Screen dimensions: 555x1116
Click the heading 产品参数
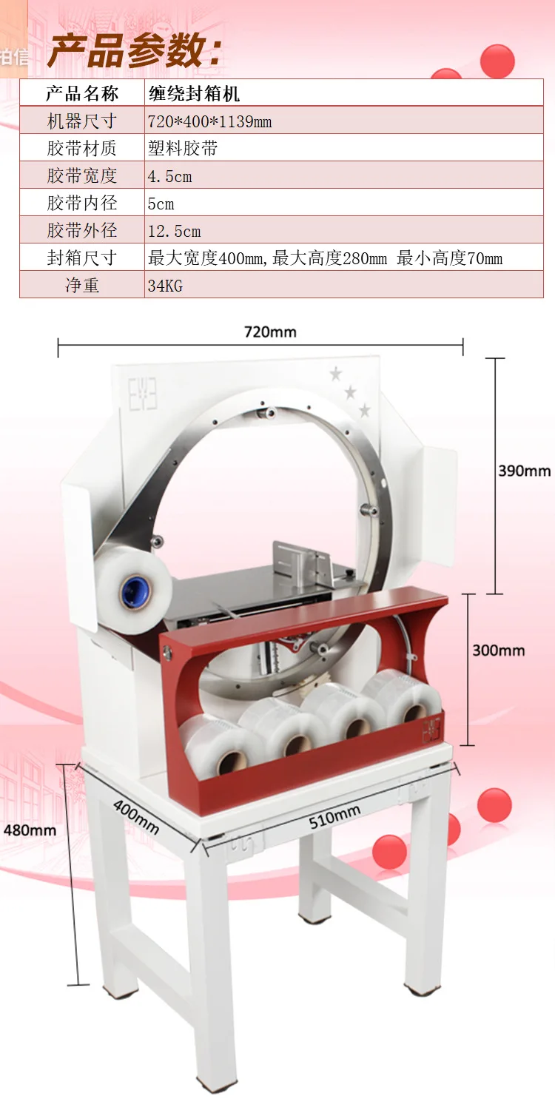click(134, 53)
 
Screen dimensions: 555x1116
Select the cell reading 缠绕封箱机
click(194, 93)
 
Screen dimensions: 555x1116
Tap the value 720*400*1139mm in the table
click(209, 121)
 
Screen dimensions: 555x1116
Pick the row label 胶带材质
click(82, 149)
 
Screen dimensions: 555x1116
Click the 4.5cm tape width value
click(169, 176)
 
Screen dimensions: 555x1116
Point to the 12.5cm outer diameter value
click(174, 231)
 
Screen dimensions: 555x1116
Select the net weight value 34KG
click(165, 286)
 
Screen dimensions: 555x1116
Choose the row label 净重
click(82, 286)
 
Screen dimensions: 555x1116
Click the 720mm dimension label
click(270, 332)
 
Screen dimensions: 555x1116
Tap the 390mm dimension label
click(524, 471)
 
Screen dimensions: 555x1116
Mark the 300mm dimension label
click(499, 651)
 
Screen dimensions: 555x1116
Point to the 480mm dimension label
click(30, 830)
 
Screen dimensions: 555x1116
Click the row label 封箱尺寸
click(82, 258)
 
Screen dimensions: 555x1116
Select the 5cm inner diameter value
click(161, 204)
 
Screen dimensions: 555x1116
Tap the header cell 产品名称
click(82, 93)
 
